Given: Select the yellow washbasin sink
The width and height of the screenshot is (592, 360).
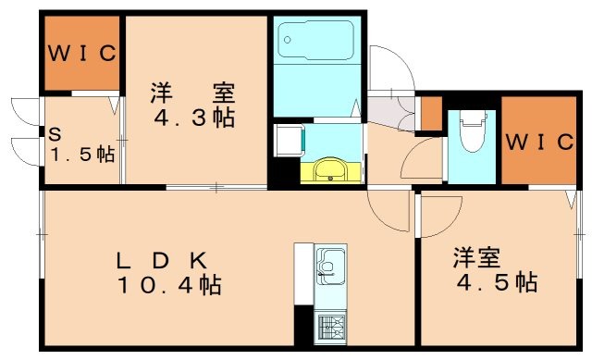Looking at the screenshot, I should coord(329,171).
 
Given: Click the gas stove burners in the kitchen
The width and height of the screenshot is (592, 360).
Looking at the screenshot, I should coord(330,327).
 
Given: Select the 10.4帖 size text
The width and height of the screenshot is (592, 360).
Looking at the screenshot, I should coord(168,286).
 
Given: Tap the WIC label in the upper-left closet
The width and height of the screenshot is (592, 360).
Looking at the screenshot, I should coord(82,53).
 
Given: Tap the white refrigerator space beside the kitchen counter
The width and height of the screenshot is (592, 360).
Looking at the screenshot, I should coord(303,274).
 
